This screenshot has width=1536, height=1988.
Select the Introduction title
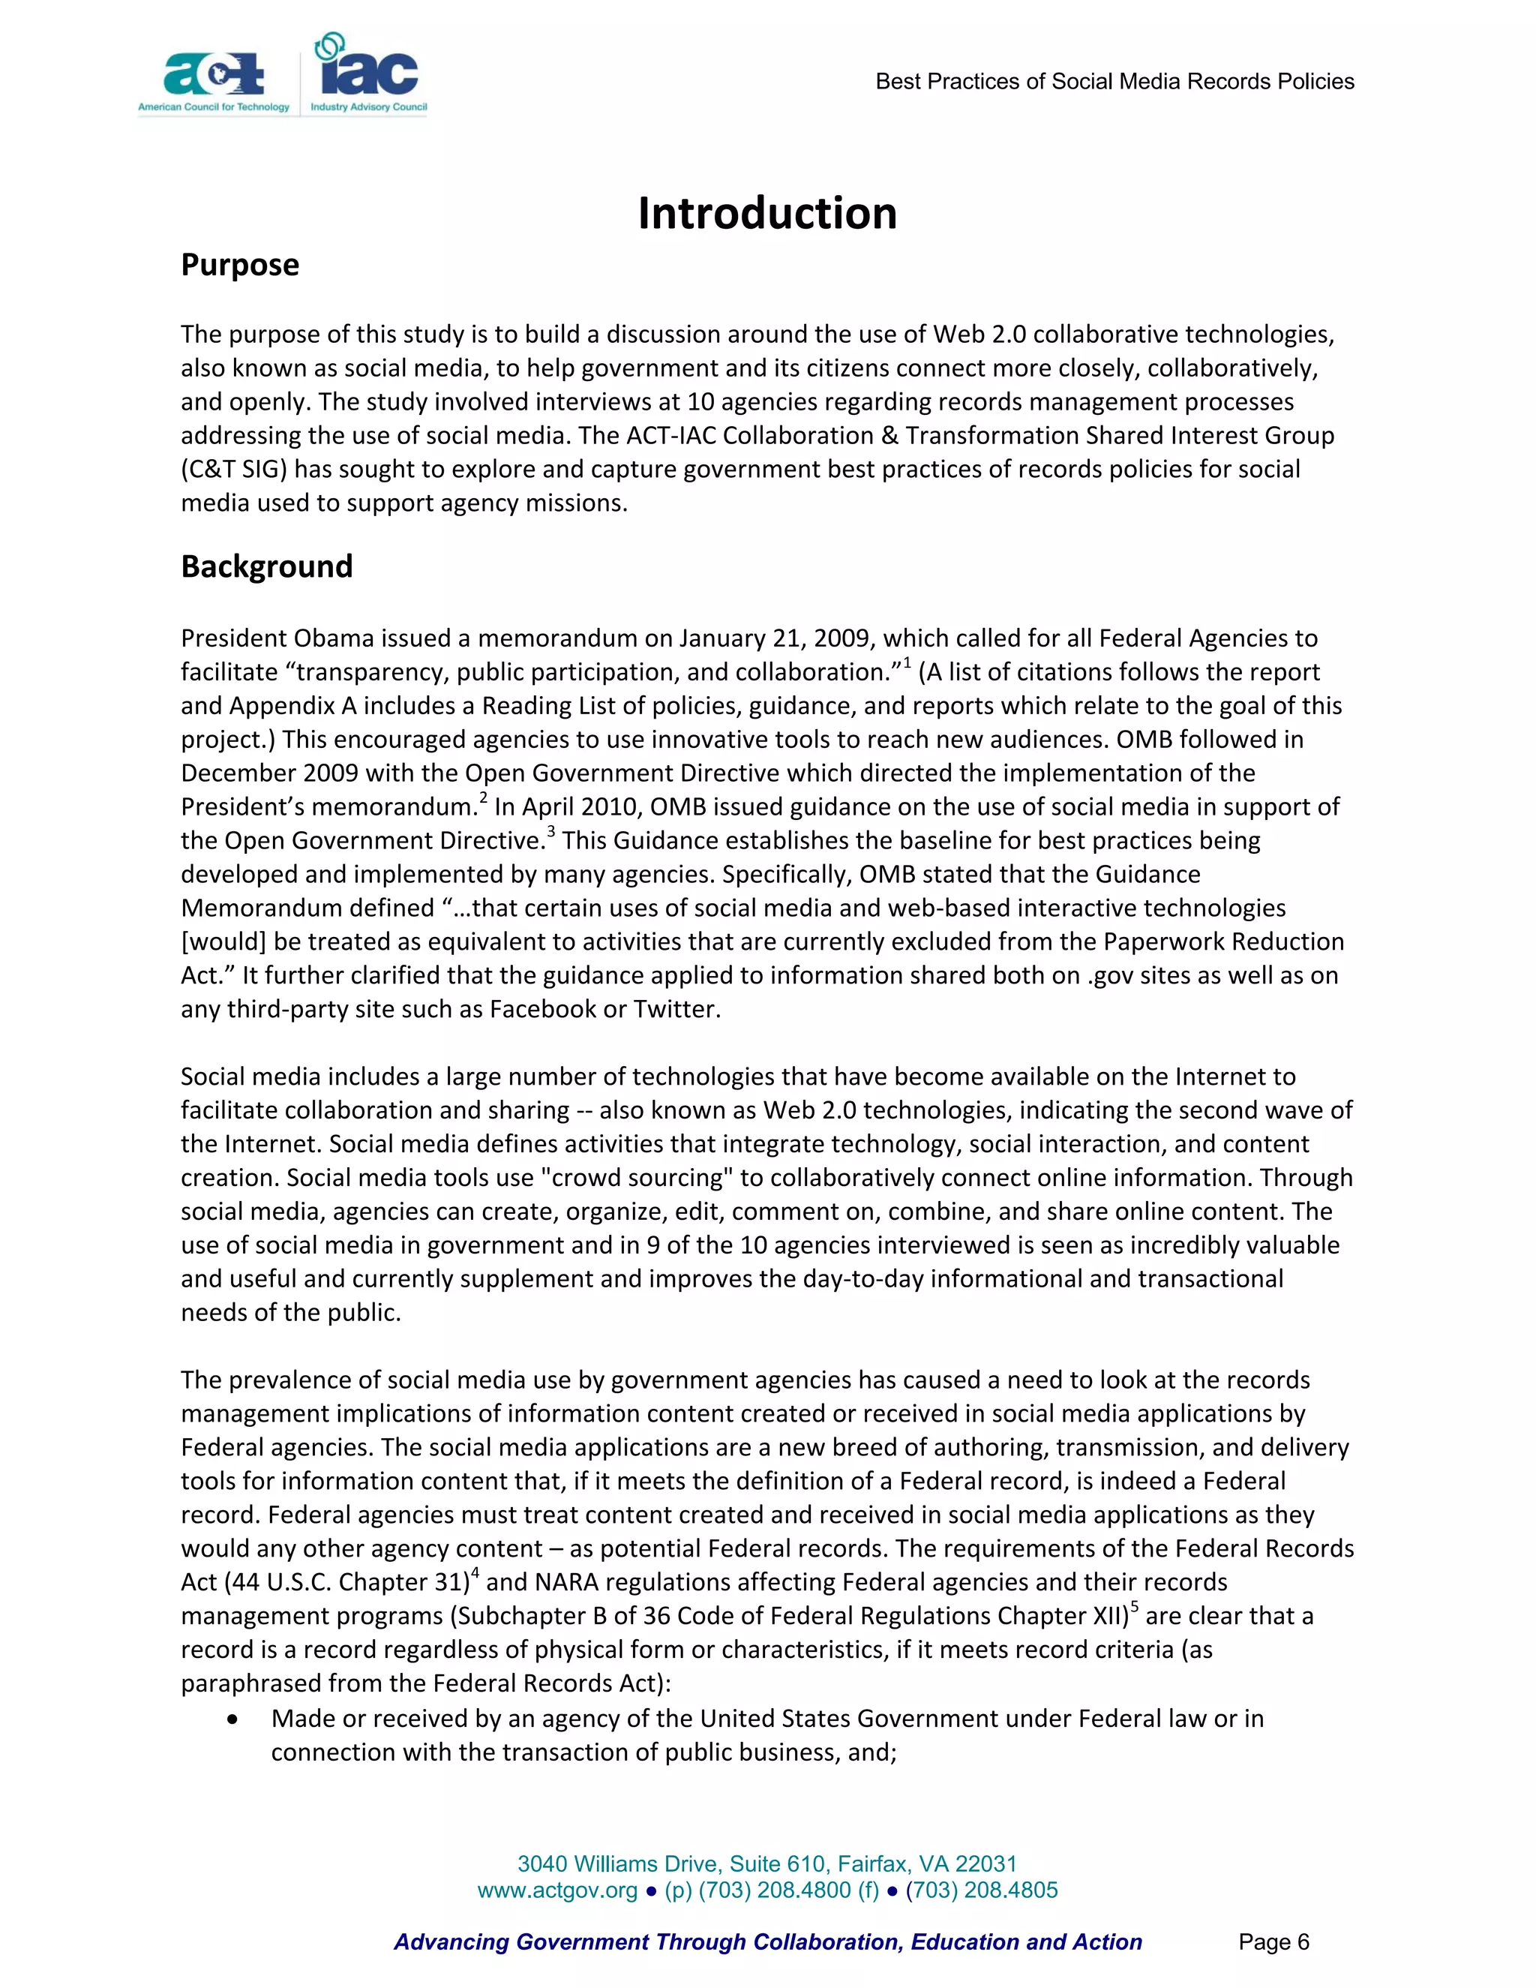point(767,213)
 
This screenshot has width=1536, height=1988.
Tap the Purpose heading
point(240,265)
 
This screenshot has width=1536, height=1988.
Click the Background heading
point(266,566)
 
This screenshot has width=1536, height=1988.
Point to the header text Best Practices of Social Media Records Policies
point(1114,82)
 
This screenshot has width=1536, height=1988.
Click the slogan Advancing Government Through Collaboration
point(767,1942)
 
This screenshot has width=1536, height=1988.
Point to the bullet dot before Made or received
point(235,1719)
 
